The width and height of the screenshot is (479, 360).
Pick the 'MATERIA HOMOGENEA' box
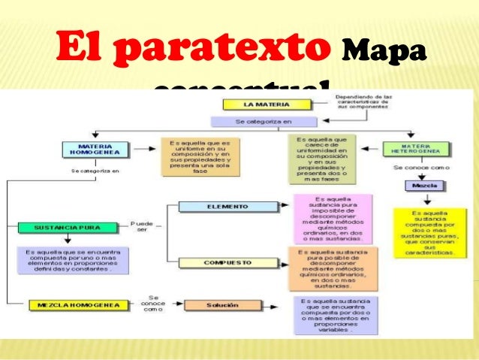[x=95, y=149]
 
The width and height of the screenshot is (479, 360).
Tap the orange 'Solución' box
[x=217, y=305]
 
